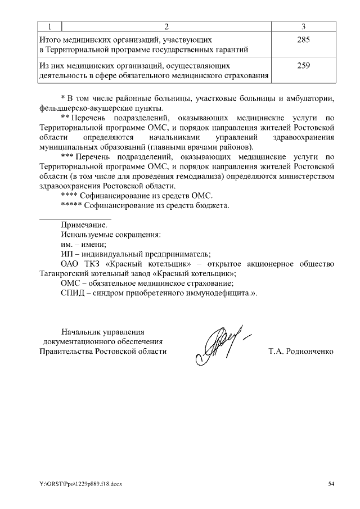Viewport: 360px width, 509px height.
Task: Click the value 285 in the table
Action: tap(304, 40)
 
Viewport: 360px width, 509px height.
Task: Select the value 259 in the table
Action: tap(304, 66)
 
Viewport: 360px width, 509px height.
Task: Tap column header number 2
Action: tap(166, 27)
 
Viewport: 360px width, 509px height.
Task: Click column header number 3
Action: tap(304, 27)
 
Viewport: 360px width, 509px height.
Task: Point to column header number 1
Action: tap(49, 27)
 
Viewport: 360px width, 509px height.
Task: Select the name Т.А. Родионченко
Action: tap(301, 352)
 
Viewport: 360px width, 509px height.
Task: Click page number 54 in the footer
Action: tap(331, 484)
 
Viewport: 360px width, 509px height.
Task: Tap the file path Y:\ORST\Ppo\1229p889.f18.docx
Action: tap(80, 484)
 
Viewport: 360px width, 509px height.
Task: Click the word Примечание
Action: tap(84, 224)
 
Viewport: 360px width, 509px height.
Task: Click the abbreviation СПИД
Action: tap(73, 293)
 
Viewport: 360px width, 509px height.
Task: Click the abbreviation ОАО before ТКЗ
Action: tap(71, 264)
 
